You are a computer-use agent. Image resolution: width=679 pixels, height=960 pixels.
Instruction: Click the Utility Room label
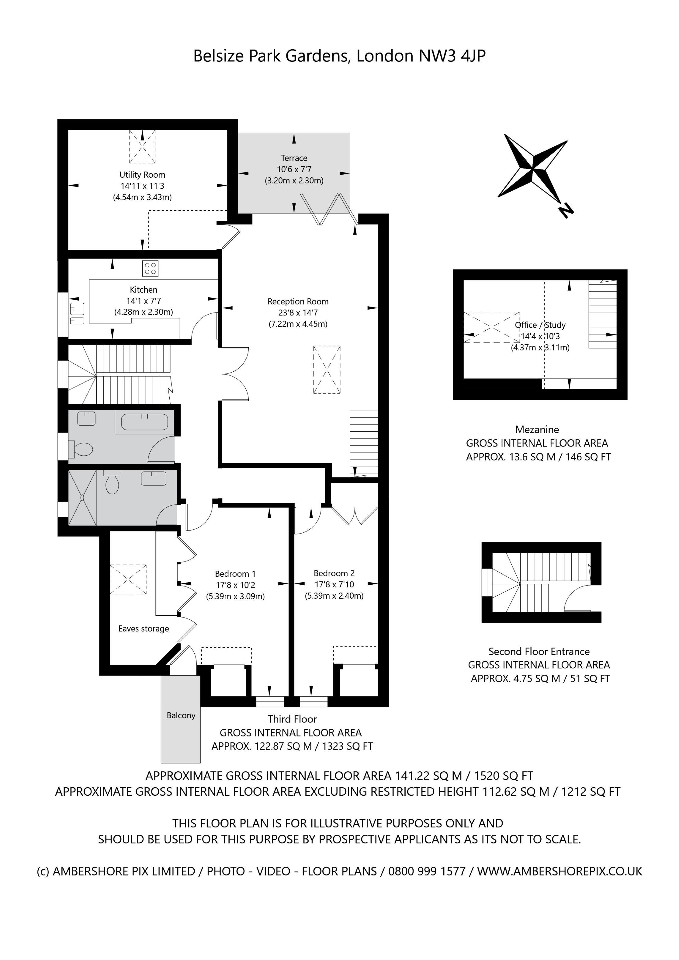[x=142, y=175]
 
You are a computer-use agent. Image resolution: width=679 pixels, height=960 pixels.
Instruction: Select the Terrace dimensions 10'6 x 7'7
[x=294, y=169]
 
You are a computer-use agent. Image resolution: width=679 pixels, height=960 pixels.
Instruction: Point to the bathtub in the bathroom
[x=144, y=422]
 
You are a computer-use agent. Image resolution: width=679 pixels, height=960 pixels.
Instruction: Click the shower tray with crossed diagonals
[x=82, y=497]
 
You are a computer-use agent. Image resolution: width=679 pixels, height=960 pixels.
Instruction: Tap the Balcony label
[x=181, y=715]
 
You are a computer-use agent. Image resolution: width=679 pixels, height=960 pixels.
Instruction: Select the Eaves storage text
[x=144, y=629]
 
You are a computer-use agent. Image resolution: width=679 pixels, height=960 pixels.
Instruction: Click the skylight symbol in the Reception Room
[x=327, y=369]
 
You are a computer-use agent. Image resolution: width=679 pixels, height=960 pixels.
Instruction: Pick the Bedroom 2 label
[x=334, y=573]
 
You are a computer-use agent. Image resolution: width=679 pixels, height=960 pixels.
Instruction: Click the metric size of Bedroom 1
[x=235, y=597]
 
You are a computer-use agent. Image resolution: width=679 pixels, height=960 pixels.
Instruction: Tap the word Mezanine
[x=537, y=429]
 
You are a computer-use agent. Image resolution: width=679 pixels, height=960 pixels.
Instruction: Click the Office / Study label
[x=540, y=325]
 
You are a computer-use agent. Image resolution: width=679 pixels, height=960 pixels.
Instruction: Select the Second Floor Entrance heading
[x=539, y=651]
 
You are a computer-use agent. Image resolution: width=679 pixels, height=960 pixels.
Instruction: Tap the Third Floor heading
[x=292, y=719]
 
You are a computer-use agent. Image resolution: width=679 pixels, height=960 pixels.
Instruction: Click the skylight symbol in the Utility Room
[x=142, y=146]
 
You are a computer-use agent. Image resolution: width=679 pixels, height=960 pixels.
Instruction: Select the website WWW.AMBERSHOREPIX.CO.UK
[x=559, y=871]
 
